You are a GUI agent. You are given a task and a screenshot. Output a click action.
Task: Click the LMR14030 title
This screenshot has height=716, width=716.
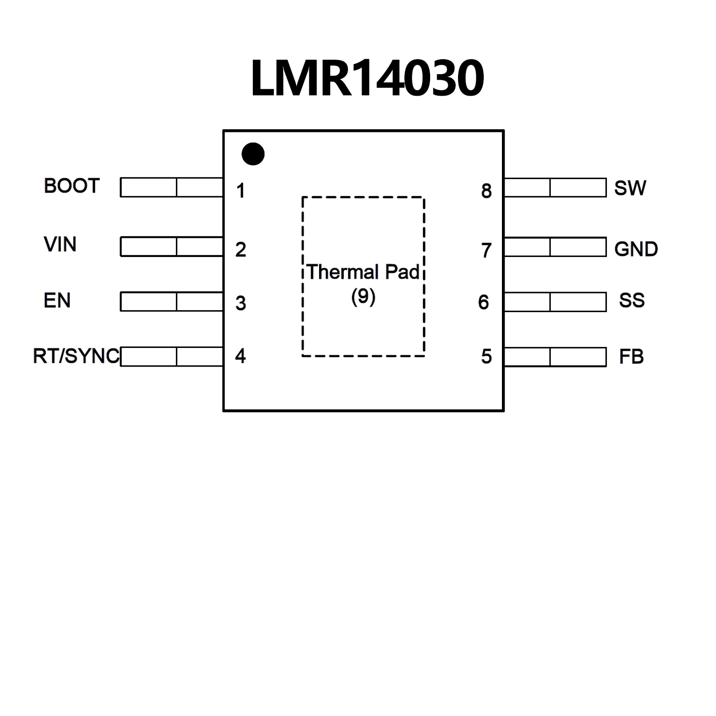point(367,78)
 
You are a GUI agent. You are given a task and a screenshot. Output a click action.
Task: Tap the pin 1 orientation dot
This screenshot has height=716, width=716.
point(253,154)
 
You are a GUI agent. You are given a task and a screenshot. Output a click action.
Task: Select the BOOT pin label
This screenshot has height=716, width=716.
point(72,186)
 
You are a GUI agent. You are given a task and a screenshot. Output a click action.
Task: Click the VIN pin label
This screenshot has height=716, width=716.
point(60,244)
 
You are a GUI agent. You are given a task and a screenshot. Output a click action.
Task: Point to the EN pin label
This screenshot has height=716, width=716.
point(57,300)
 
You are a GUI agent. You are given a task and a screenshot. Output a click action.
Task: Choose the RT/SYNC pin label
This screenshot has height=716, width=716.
point(76,356)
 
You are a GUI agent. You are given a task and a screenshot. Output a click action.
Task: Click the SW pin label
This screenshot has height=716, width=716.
point(630,188)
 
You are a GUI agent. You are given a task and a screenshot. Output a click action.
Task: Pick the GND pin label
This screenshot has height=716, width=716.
point(636,249)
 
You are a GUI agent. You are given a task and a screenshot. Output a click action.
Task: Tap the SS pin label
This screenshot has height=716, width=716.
point(632,300)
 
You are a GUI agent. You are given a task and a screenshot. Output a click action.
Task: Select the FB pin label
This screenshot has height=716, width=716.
point(631,357)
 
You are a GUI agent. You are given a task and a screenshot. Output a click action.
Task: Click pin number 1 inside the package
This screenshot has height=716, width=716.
point(241,191)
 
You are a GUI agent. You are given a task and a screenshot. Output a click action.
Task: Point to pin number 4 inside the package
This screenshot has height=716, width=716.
point(241,356)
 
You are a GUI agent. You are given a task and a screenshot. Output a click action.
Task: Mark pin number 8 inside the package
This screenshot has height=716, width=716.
point(487,191)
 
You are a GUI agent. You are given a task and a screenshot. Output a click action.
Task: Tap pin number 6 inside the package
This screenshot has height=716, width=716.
point(484,302)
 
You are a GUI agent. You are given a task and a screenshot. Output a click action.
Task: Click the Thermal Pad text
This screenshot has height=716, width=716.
point(363,272)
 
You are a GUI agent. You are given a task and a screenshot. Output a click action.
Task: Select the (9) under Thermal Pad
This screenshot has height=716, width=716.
point(363,297)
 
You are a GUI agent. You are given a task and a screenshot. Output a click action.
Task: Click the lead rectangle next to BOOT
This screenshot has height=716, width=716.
point(172,187)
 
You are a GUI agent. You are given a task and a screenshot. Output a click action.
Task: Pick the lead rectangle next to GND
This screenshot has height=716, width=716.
point(555,247)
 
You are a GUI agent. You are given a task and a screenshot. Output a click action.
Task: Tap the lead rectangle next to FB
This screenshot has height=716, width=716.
point(555,357)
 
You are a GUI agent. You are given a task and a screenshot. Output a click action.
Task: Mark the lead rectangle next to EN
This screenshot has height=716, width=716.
point(172,301)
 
